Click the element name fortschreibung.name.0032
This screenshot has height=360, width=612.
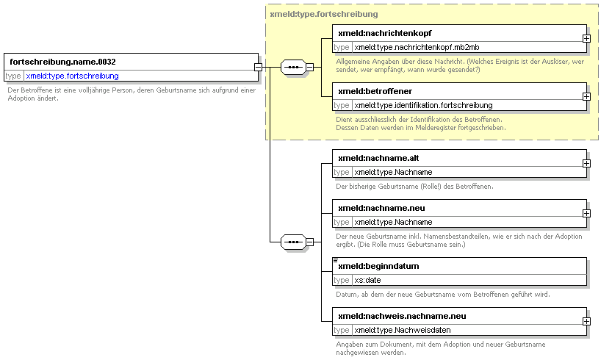point(62,62)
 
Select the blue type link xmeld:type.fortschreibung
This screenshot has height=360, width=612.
point(72,76)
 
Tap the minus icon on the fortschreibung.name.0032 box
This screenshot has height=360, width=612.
point(258,67)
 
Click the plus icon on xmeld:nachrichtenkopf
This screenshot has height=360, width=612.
point(586,39)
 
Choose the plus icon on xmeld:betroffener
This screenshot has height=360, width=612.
point(586,96)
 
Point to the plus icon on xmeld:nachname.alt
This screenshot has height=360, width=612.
point(586,164)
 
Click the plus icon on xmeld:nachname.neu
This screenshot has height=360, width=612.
point(586,214)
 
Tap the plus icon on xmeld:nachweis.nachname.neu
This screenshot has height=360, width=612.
point(586,321)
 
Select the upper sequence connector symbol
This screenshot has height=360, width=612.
point(294,67)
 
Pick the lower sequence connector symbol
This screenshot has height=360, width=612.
point(294,242)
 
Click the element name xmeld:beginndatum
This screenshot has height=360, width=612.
point(378,266)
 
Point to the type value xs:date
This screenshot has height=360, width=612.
point(367,280)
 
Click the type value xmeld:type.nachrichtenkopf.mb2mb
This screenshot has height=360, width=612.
point(417,47)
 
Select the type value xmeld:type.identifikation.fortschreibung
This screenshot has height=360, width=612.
point(423,105)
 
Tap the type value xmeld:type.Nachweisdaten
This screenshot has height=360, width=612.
point(403,330)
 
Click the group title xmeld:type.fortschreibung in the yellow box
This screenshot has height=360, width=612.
point(324,14)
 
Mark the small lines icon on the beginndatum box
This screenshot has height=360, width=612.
point(336,260)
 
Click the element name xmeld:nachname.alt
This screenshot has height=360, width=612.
point(378,158)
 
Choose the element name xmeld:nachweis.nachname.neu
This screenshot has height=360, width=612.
point(402,316)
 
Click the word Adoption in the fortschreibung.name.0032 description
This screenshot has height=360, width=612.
point(21,98)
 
